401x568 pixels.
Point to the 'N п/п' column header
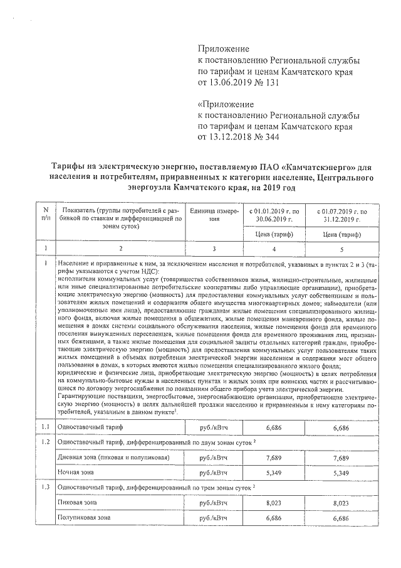click(45, 215)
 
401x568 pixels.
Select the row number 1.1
click(45, 427)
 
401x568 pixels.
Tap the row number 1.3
click(45, 488)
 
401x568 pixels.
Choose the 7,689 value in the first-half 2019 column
click(271, 458)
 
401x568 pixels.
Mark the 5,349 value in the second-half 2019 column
click(339, 473)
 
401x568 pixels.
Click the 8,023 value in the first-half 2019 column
click(271, 503)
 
